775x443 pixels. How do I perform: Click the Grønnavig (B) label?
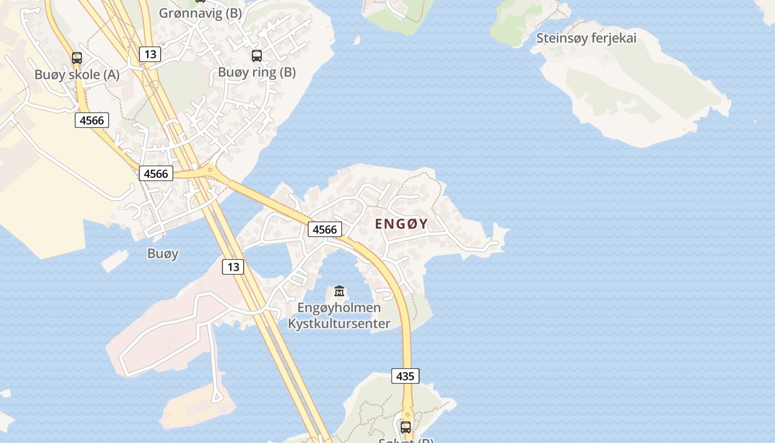pos(200,13)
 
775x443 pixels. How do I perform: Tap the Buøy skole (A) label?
pos(76,75)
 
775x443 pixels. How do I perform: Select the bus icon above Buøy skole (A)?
pos(77,58)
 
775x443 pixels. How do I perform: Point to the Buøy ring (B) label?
pos(257,72)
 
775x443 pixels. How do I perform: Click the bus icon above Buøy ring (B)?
pos(257,55)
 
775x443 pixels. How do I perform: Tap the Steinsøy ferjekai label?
pos(586,38)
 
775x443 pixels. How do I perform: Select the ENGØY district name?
pos(401,224)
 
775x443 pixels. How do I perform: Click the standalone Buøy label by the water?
pos(163,254)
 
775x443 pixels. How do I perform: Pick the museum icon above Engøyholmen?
pos(339,291)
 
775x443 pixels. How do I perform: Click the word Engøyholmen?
pos(339,307)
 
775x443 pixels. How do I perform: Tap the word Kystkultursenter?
pos(339,323)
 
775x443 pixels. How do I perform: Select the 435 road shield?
pos(405,376)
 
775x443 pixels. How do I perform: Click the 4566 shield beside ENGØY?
pos(325,229)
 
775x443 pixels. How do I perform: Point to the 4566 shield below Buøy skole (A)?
pos(92,120)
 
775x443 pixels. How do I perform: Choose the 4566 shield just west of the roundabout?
pos(156,173)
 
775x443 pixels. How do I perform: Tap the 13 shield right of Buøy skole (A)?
pos(149,54)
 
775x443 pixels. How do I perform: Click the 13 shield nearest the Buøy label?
pos(233,267)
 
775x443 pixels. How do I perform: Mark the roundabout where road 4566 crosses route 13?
pos(210,170)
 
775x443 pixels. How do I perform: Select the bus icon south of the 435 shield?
pos(406,427)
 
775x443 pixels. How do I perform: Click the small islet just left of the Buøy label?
pos(115,261)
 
